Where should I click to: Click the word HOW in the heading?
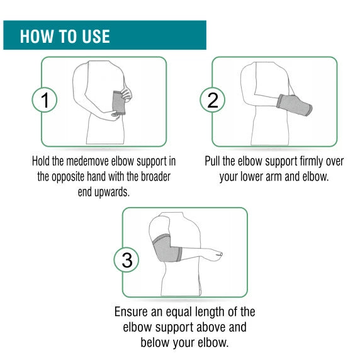click(37, 37)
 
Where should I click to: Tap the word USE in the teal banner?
click(96, 37)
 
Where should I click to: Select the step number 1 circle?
click(45, 100)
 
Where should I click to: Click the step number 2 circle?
click(212, 100)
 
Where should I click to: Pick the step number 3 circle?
click(127, 260)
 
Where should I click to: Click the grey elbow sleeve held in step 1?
click(119, 103)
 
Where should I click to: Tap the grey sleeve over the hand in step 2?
click(294, 105)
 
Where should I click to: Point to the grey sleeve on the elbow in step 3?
click(166, 249)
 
